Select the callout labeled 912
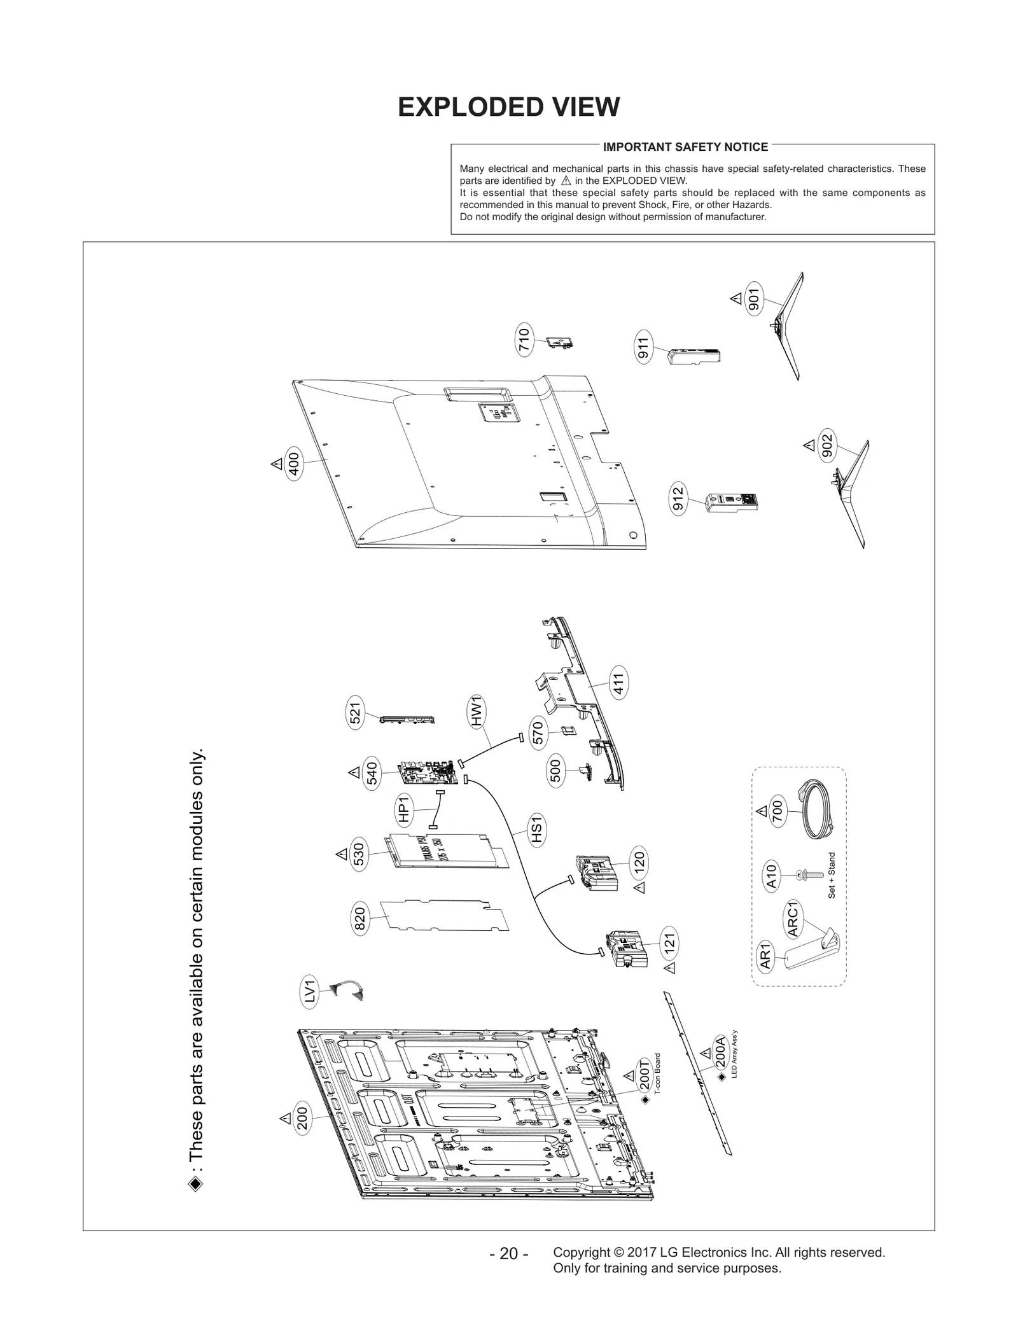pyautogui.click(x=678, y=499)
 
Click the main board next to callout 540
pyautogui.click(x=429, y=772)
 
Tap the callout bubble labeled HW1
pyautogui.click(x=477, y=712)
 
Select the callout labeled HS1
pyautogui.click(x=538, y=832)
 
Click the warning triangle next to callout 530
pyautogui.click(x=341, y=853)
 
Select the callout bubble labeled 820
pyautogui.click(x=359, y=920)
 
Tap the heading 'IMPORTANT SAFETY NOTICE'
pyautogui.click(x=685, y=147)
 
